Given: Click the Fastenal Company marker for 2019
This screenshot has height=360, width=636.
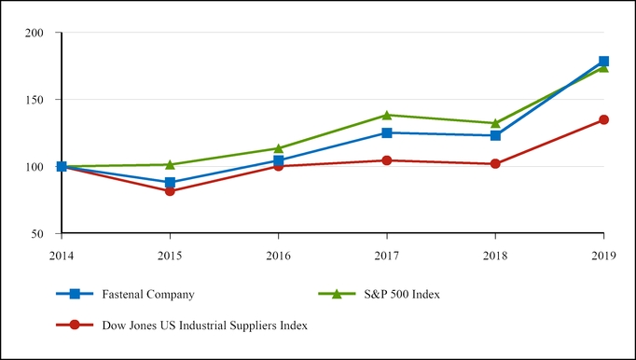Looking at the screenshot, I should [603, 62].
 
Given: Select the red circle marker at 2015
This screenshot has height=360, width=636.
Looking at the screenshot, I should [170, 191].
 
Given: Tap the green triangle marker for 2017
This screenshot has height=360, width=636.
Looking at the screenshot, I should [387, 115].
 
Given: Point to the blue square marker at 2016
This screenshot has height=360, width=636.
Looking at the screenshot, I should [278, 160].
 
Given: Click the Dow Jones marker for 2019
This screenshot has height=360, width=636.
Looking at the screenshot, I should [603, 119].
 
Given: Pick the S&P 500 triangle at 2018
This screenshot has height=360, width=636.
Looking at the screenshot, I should [495, 123].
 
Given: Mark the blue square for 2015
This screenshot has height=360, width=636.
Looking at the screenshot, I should [170, 183].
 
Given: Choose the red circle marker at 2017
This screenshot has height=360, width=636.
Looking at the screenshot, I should [387, 160].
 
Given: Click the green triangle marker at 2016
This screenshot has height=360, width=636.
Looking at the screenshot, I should [278, 148].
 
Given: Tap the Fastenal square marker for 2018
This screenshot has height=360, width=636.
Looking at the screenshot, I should [495, 135].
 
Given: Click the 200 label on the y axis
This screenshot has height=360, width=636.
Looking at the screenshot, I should [35, 34].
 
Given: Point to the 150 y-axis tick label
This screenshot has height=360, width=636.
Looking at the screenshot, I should [35, 100].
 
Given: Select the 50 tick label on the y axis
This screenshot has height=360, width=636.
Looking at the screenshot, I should [37, 233].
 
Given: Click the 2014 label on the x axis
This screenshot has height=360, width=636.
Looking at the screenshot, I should [61, 252].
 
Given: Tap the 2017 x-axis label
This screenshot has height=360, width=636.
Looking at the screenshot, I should [387, 252].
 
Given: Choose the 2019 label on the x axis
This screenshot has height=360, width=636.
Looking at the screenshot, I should [603, 252].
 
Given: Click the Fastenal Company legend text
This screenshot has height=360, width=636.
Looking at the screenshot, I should [150, 294].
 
